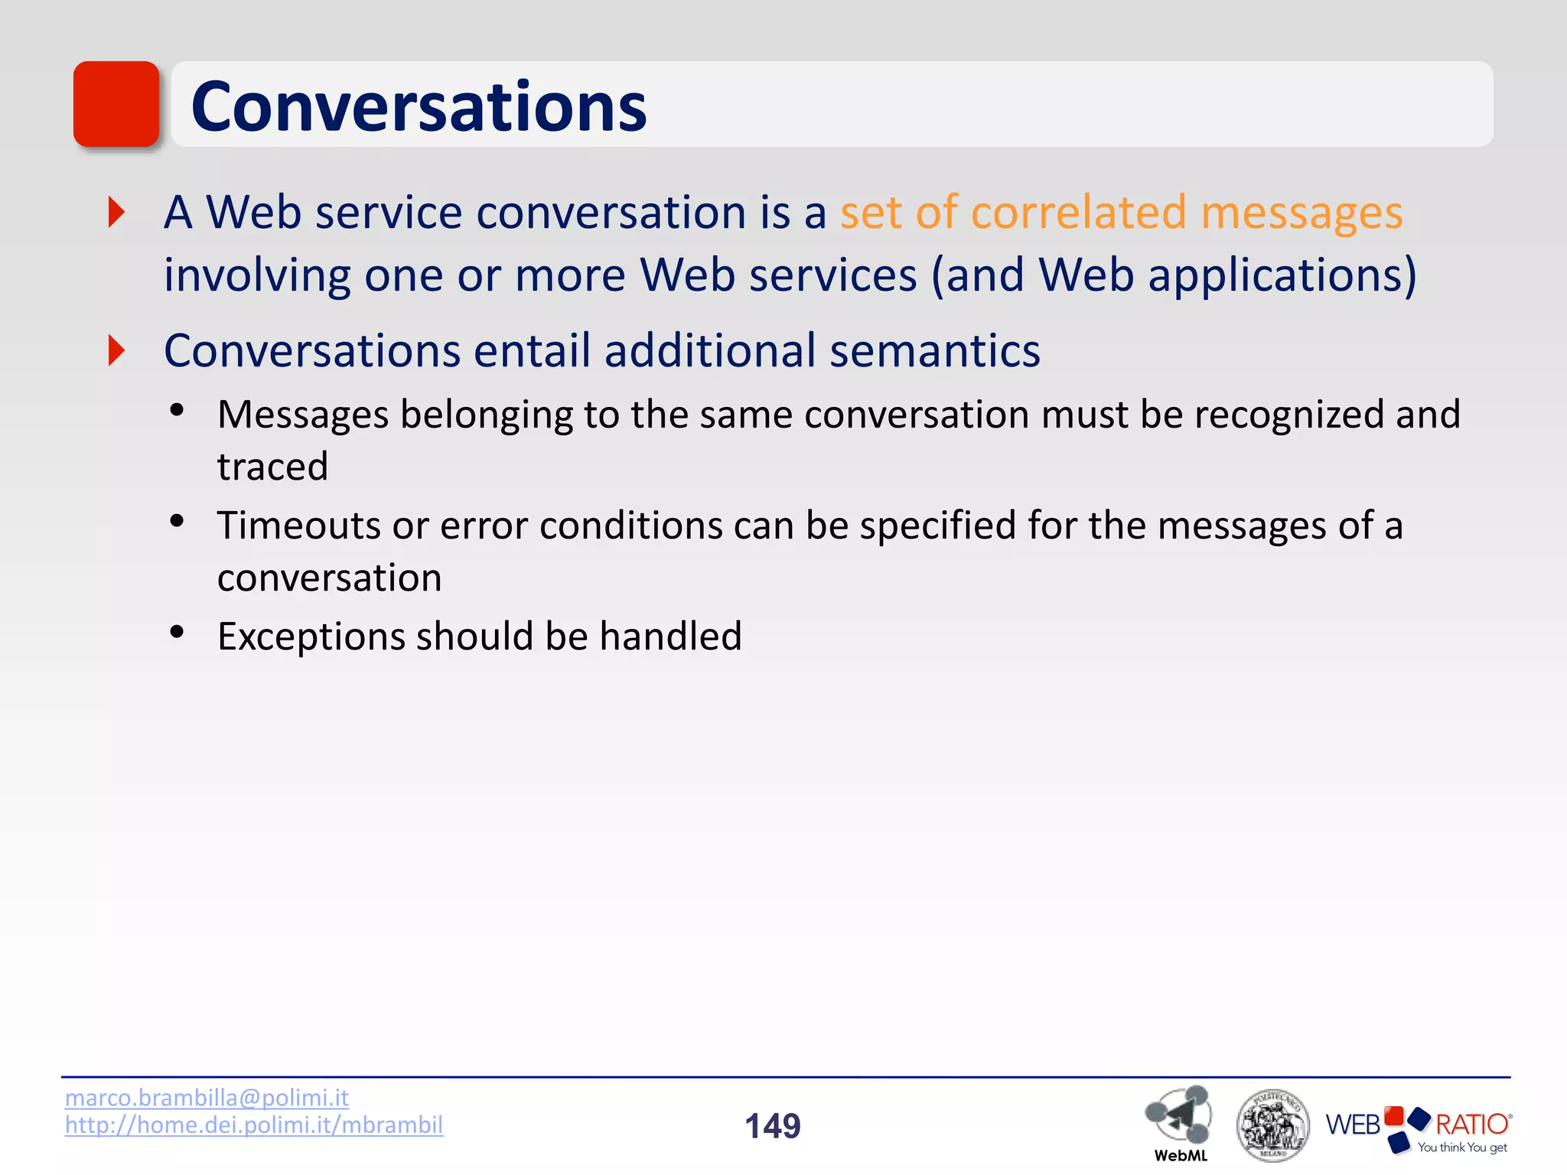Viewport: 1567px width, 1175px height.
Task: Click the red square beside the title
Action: coord(116,104)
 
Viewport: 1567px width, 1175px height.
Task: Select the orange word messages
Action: coord(1301,213)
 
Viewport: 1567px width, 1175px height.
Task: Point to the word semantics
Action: coord(934,351)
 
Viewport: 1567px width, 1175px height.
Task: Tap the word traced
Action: coord(272,467)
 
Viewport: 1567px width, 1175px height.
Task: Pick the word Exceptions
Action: coord(311,636)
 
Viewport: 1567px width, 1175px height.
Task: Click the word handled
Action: coord(670,636)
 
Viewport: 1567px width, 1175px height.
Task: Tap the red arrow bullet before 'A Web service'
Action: coord(116,212)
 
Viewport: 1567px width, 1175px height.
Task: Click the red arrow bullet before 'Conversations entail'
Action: coord(116,350)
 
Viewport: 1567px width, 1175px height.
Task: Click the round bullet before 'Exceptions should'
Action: coord(178,633)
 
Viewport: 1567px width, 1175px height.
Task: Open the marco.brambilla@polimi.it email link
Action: coord(207,1098)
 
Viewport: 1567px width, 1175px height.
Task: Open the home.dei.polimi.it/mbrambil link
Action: coord(254,1125)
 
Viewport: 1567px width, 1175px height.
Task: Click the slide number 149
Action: coord(773,1126)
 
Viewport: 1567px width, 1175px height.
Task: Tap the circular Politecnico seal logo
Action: coord(1272,1125)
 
